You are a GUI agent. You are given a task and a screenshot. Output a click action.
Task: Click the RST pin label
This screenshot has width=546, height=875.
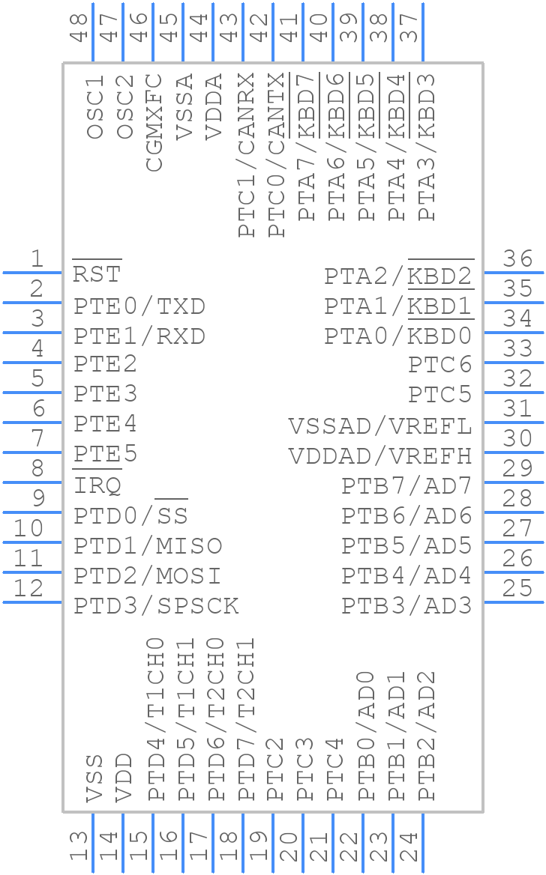pyautogui.click(x=97, y=274)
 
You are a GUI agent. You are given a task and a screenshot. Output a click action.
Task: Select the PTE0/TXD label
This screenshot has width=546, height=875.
pyautogui.click(x=139, y=306)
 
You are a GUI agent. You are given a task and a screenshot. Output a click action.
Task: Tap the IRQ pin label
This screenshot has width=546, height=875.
pyautogui.click(x=97, y=485)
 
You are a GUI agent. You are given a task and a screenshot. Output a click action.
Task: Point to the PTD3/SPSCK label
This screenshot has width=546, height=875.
pyautogui.click(x=156, y=605)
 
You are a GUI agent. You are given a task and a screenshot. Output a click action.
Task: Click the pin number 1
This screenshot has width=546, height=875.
pyautogui.click(x=37, y=259)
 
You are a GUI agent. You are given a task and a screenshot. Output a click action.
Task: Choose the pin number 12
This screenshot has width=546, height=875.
pyautogui.click(x=29, y=588)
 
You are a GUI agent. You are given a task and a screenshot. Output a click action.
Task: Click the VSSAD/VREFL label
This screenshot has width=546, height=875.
pyautogui.click(x=380, y=426)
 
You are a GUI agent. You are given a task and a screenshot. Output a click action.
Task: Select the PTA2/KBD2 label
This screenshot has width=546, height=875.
pyautogui.click(x=398, y=276)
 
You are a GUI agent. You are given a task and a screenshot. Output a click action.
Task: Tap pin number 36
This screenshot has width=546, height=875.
pyautogui.click(x=517, y=259)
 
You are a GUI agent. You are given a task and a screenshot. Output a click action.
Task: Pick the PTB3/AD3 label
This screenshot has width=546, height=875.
pyautogui.click(x=406, y=605)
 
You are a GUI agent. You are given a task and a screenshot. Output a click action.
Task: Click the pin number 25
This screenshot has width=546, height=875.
pyautogui.click(x=517, y=588)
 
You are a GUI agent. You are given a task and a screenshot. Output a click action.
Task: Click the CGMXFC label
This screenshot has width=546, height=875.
pyautogui.click(x=154, y=122)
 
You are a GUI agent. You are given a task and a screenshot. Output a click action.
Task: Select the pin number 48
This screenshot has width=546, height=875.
pyautogui.click(x=79, y=28)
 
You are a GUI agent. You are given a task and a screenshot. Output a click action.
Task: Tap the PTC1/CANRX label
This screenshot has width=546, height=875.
pyautogui.click(x=247, y=154)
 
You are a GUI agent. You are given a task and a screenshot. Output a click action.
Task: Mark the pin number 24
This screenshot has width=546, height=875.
pyautogui.click(x=409, y=847)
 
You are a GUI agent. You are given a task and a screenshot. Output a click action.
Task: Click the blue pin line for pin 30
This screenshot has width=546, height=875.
pyautogui.click(x=502, y=452)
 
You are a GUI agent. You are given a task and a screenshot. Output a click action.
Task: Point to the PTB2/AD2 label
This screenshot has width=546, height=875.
pyautogui.click(x=426, y=736)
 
